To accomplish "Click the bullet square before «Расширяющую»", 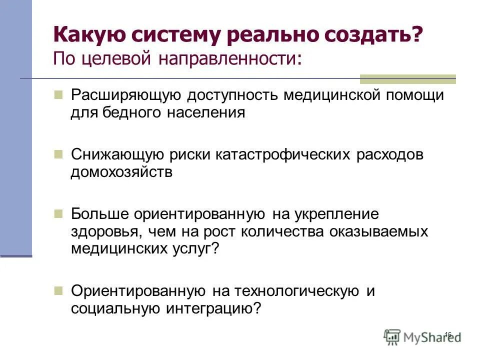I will pyautogui.click(x=58, y=94).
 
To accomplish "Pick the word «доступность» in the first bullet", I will pyautogui.click(x=235, y=95).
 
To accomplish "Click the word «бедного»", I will pyautogui.click(x=129, y=112).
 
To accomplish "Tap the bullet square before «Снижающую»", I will pyautogui.click(x=58, y=153).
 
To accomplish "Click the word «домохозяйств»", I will pyautogui.click(x=121, y=171).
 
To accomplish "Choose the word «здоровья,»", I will pyautogui.click(x=101, y=231).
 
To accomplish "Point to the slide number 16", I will pyautogui.click(x=448, y=334).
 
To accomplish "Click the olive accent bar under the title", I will pyautogui.click(x=407, y=78).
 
